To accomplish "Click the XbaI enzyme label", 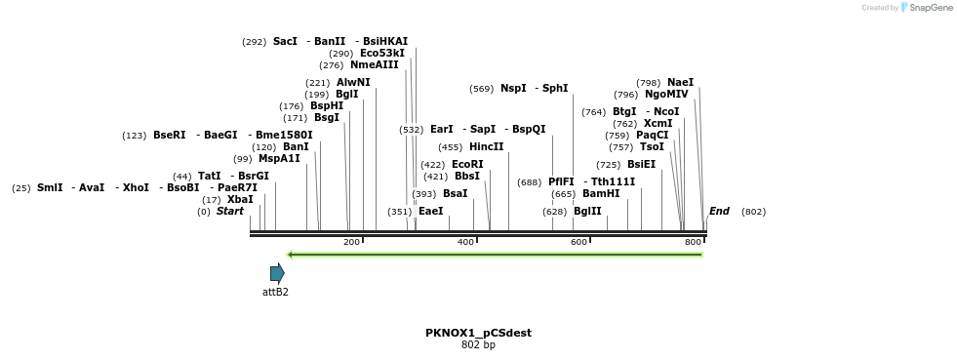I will (x=240, y=199).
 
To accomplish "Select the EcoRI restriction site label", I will (x=467, y=164).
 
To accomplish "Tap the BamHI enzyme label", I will (x=601, y=193).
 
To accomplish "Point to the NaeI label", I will (x=680, y=82).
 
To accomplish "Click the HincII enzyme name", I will (x=486, y=146).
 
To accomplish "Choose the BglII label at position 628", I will (x=587, y=211).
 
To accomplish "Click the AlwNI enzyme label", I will (x=353, y=82).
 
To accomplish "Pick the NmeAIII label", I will (x=375, y=64).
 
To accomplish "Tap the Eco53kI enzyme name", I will (x=382, y=53).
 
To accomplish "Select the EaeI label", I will (x=430, y=211).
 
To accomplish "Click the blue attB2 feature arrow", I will (x=277, y=273).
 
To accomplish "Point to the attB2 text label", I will (x=275, y=292).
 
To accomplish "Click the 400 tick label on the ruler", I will (x=465, y=242).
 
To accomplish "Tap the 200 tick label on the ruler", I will (x=351, y=242).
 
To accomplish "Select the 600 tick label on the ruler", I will (x=578, y=242).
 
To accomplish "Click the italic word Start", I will (x=230, y=211).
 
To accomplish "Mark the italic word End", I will (x=719, y=211).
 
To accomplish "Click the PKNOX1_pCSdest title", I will (x=478, y=333).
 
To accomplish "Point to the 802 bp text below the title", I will (x=478, y=344).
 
